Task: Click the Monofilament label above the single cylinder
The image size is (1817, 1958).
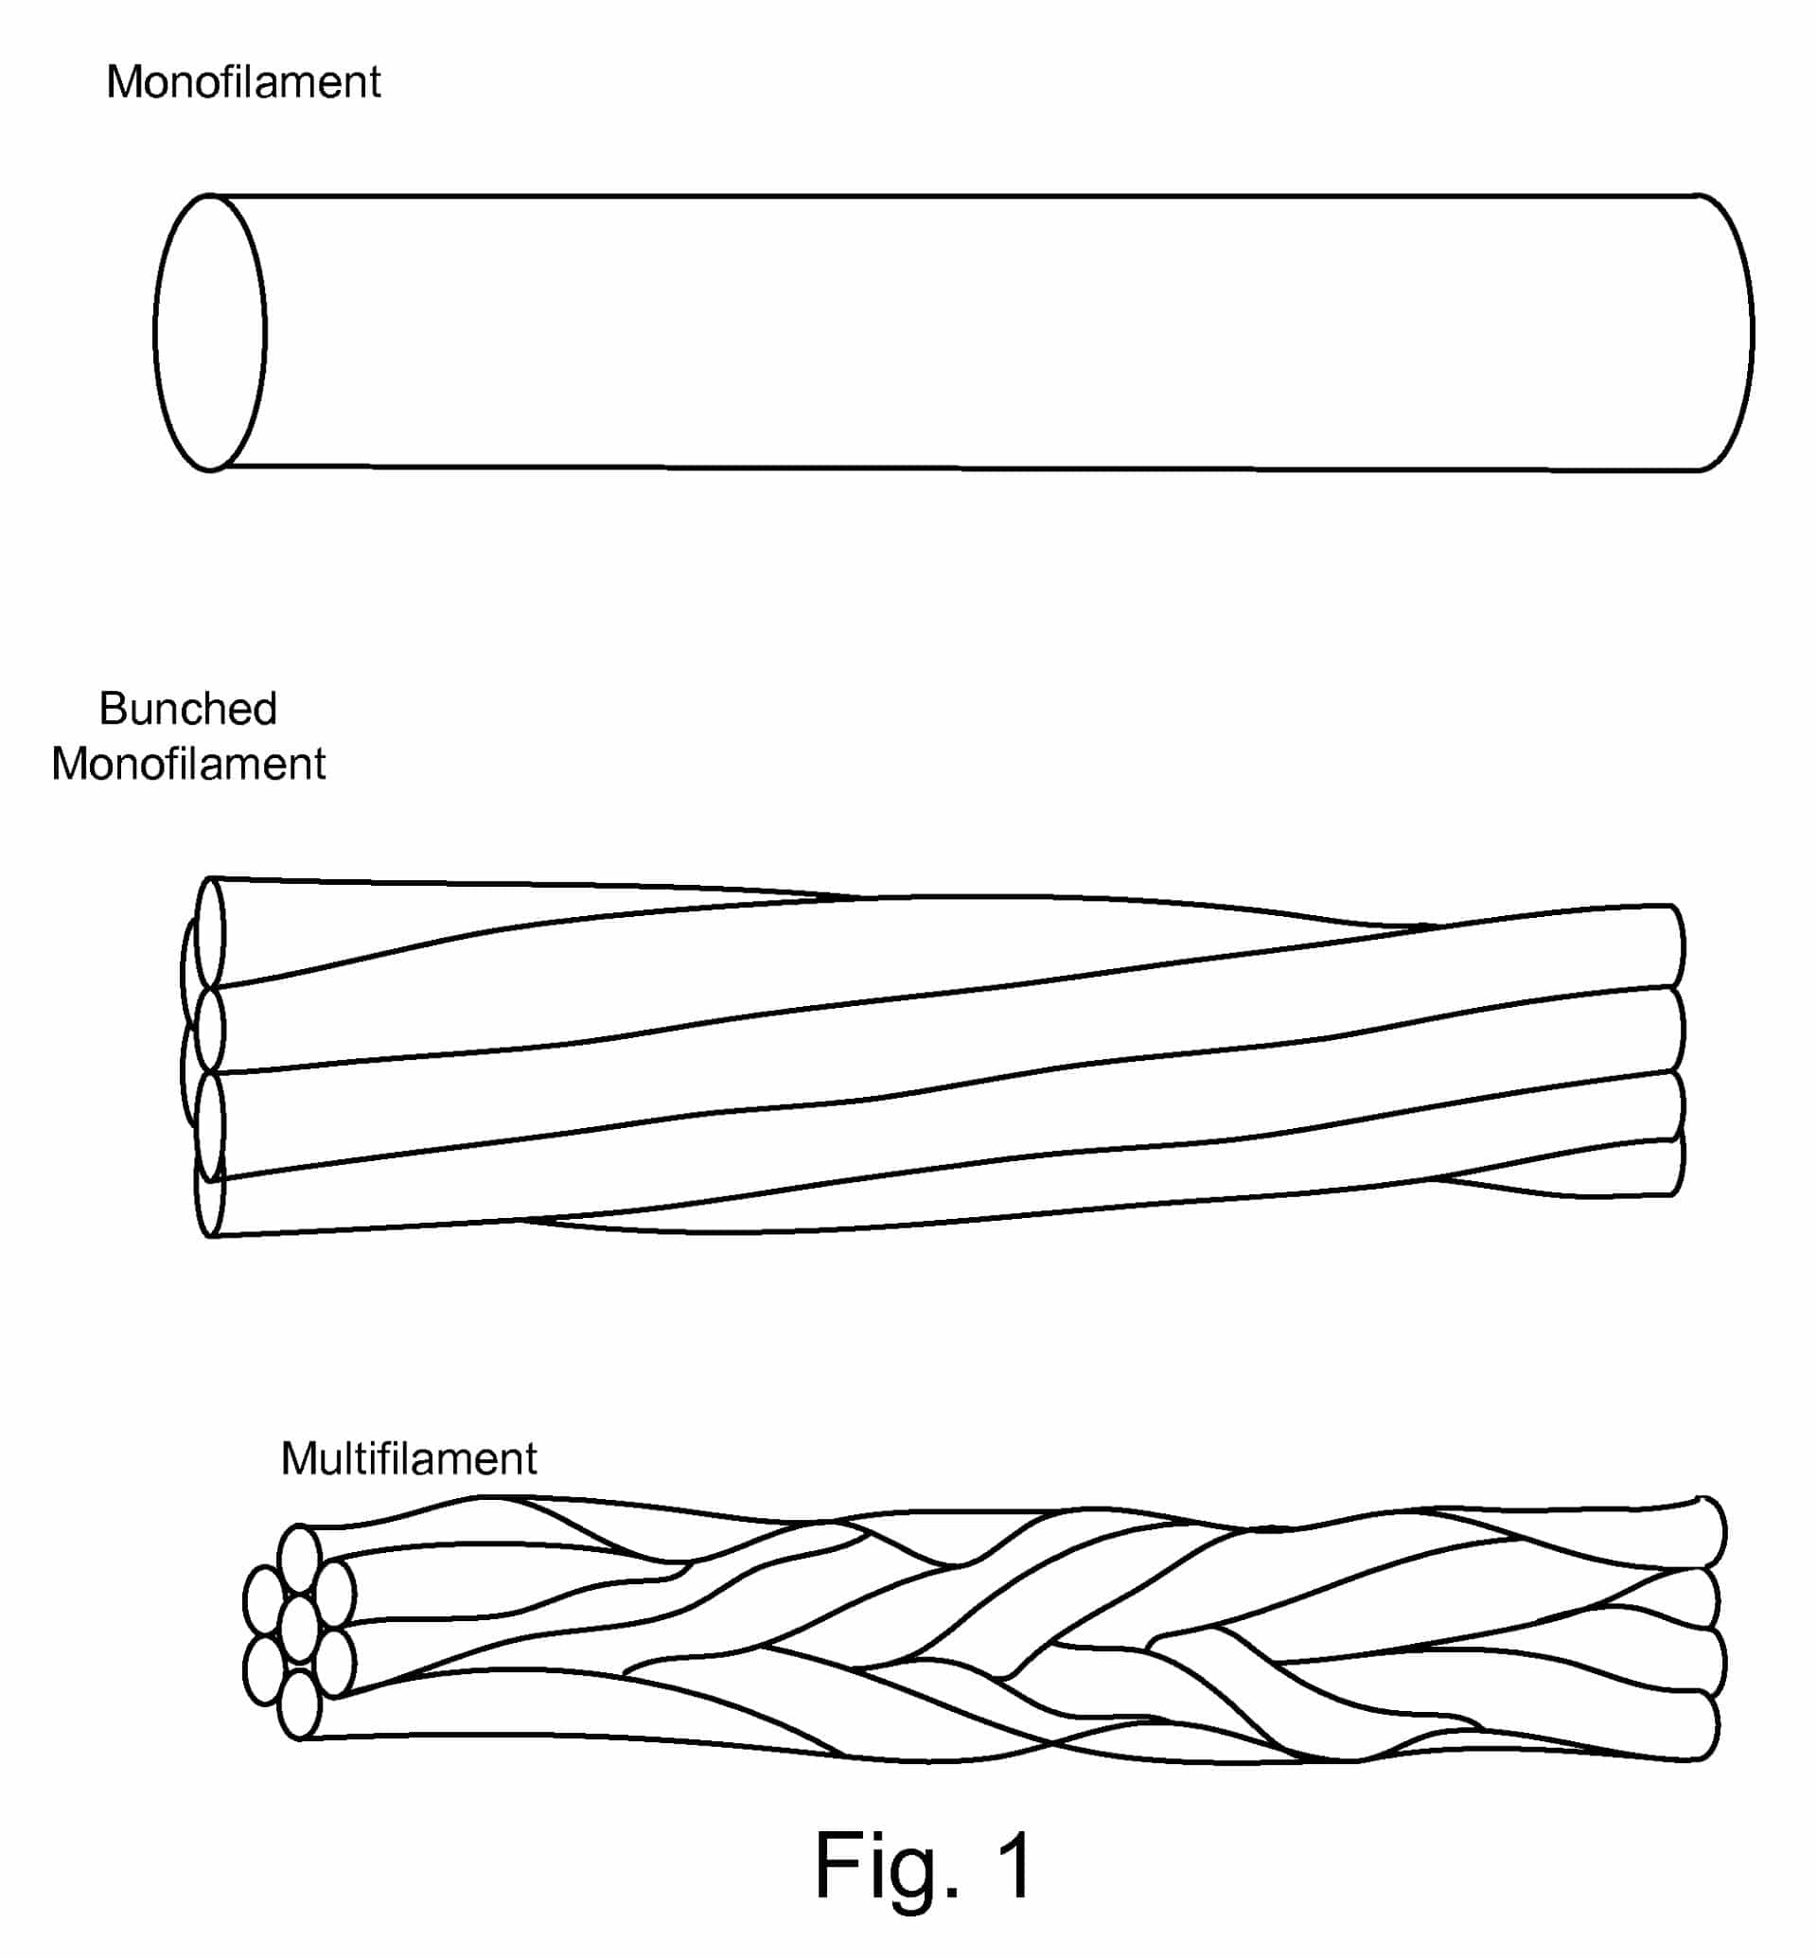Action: pos(243,81)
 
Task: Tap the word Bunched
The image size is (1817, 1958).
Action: pos(187,708)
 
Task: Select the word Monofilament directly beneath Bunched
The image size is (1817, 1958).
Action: pos(187,763)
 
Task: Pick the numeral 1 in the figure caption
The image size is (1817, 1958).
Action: pos(1014,1863)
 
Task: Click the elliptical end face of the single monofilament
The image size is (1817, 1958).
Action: pos(209,332)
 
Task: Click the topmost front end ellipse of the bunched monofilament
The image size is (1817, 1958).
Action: pos(209,932)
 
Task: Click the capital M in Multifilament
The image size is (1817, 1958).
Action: pos(300,1458)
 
